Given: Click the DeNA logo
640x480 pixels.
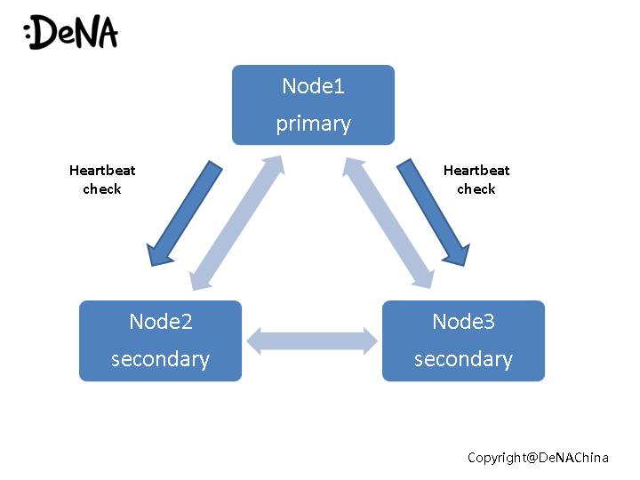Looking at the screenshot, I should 71,32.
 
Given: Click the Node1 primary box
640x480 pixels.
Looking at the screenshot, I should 313,105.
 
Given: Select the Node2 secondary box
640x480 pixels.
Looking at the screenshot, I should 160,340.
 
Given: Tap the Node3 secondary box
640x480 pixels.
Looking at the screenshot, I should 463,340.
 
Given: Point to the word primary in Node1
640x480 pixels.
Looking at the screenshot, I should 313,124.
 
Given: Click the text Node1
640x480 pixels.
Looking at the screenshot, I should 313,86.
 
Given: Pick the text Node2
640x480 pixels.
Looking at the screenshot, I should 160,322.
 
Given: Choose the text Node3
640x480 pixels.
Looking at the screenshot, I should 463,322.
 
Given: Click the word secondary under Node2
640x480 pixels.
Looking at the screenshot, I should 160,359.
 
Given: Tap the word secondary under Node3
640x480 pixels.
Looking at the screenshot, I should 463,359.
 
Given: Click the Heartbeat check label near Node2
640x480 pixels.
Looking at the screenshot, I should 102,180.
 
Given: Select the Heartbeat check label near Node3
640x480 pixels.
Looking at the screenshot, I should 476,180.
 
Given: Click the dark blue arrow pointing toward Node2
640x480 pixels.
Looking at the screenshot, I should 186,212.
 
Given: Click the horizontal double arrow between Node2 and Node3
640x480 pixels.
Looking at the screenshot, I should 312,340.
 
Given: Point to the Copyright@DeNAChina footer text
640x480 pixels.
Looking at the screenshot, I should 538,458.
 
